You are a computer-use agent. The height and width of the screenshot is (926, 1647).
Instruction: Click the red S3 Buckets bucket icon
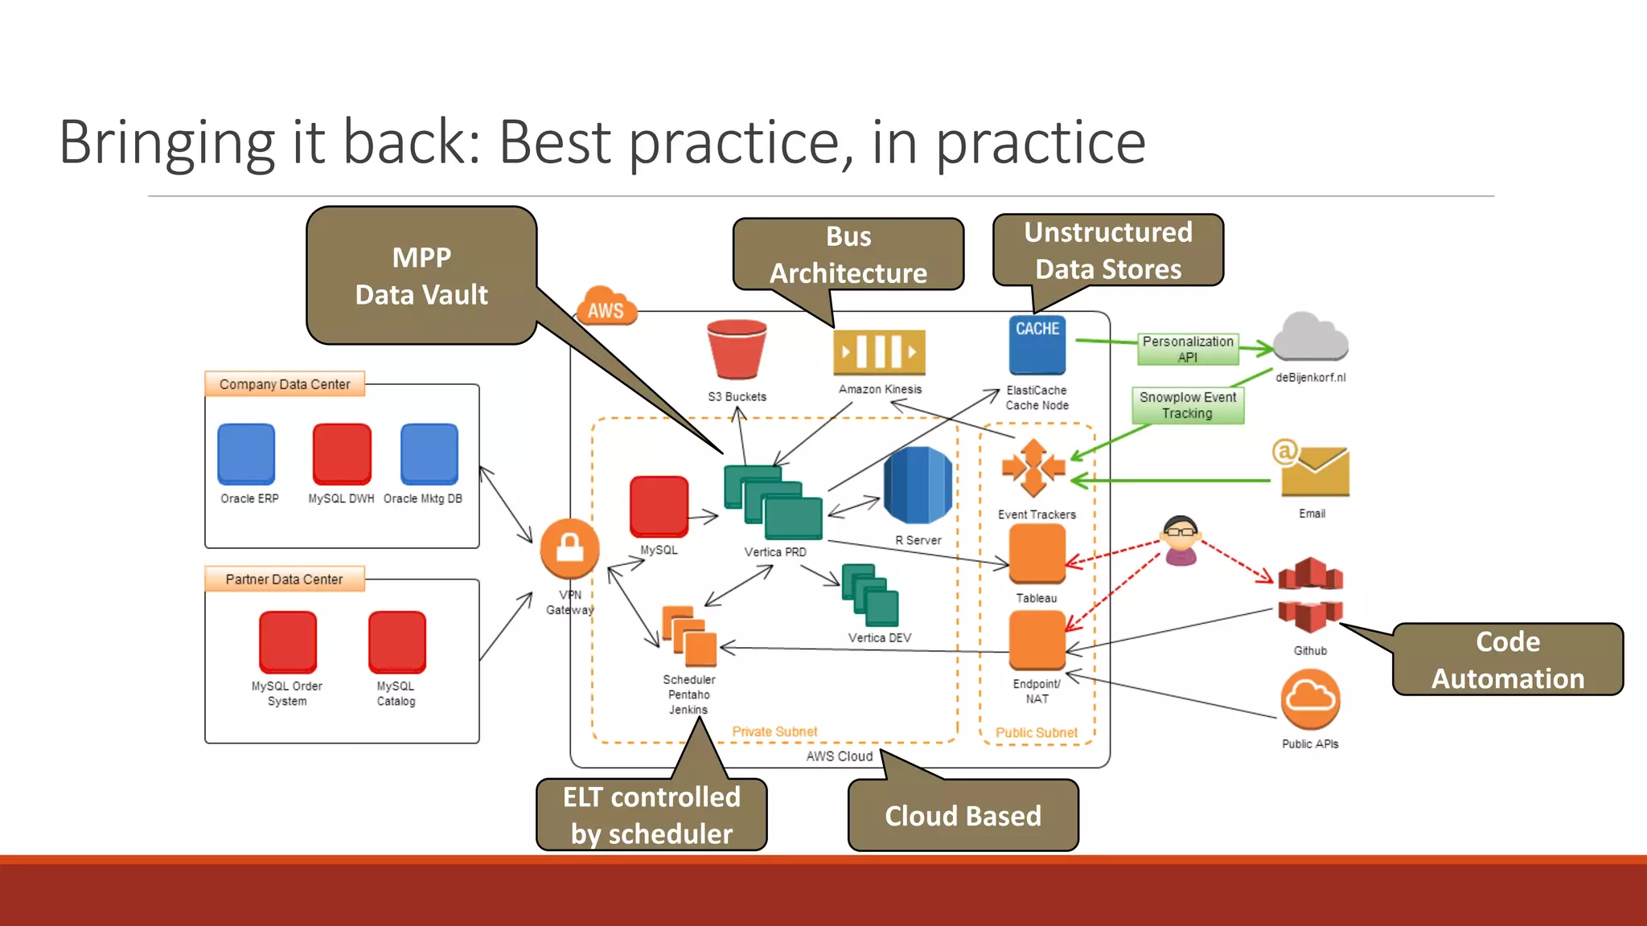point(737,350)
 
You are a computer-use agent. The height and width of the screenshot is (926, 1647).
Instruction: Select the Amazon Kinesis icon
point(879,352)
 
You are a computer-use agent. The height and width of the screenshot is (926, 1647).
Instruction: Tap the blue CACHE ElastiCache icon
point(1037,345)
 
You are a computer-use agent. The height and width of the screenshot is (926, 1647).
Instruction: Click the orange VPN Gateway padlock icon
point(569,549)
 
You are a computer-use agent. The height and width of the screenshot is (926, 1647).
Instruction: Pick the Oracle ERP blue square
point(246,454)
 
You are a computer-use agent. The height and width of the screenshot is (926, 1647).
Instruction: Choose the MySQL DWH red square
point(342,454)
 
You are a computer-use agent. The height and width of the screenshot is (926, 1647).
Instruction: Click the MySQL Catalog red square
point(396,641)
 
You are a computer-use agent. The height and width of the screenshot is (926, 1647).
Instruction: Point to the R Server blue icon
point(918,486)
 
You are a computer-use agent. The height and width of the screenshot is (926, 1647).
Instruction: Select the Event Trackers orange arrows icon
point(1033,468)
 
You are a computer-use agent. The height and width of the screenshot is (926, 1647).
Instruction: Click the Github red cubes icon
point(1310,596)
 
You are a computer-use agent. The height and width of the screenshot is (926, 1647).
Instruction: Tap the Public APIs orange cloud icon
point(1310,699)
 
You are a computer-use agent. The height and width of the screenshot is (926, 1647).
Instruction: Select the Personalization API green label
point(1188,349)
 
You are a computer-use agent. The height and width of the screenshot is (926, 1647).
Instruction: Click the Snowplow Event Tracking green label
point(1188,405)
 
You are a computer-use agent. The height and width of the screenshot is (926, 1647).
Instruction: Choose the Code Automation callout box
point(1508,659)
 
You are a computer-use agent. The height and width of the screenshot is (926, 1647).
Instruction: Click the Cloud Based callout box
point(963,815)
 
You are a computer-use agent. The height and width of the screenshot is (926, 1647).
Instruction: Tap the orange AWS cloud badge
point(606,307)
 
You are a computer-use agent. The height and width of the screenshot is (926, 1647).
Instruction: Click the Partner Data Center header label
point(285,579)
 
